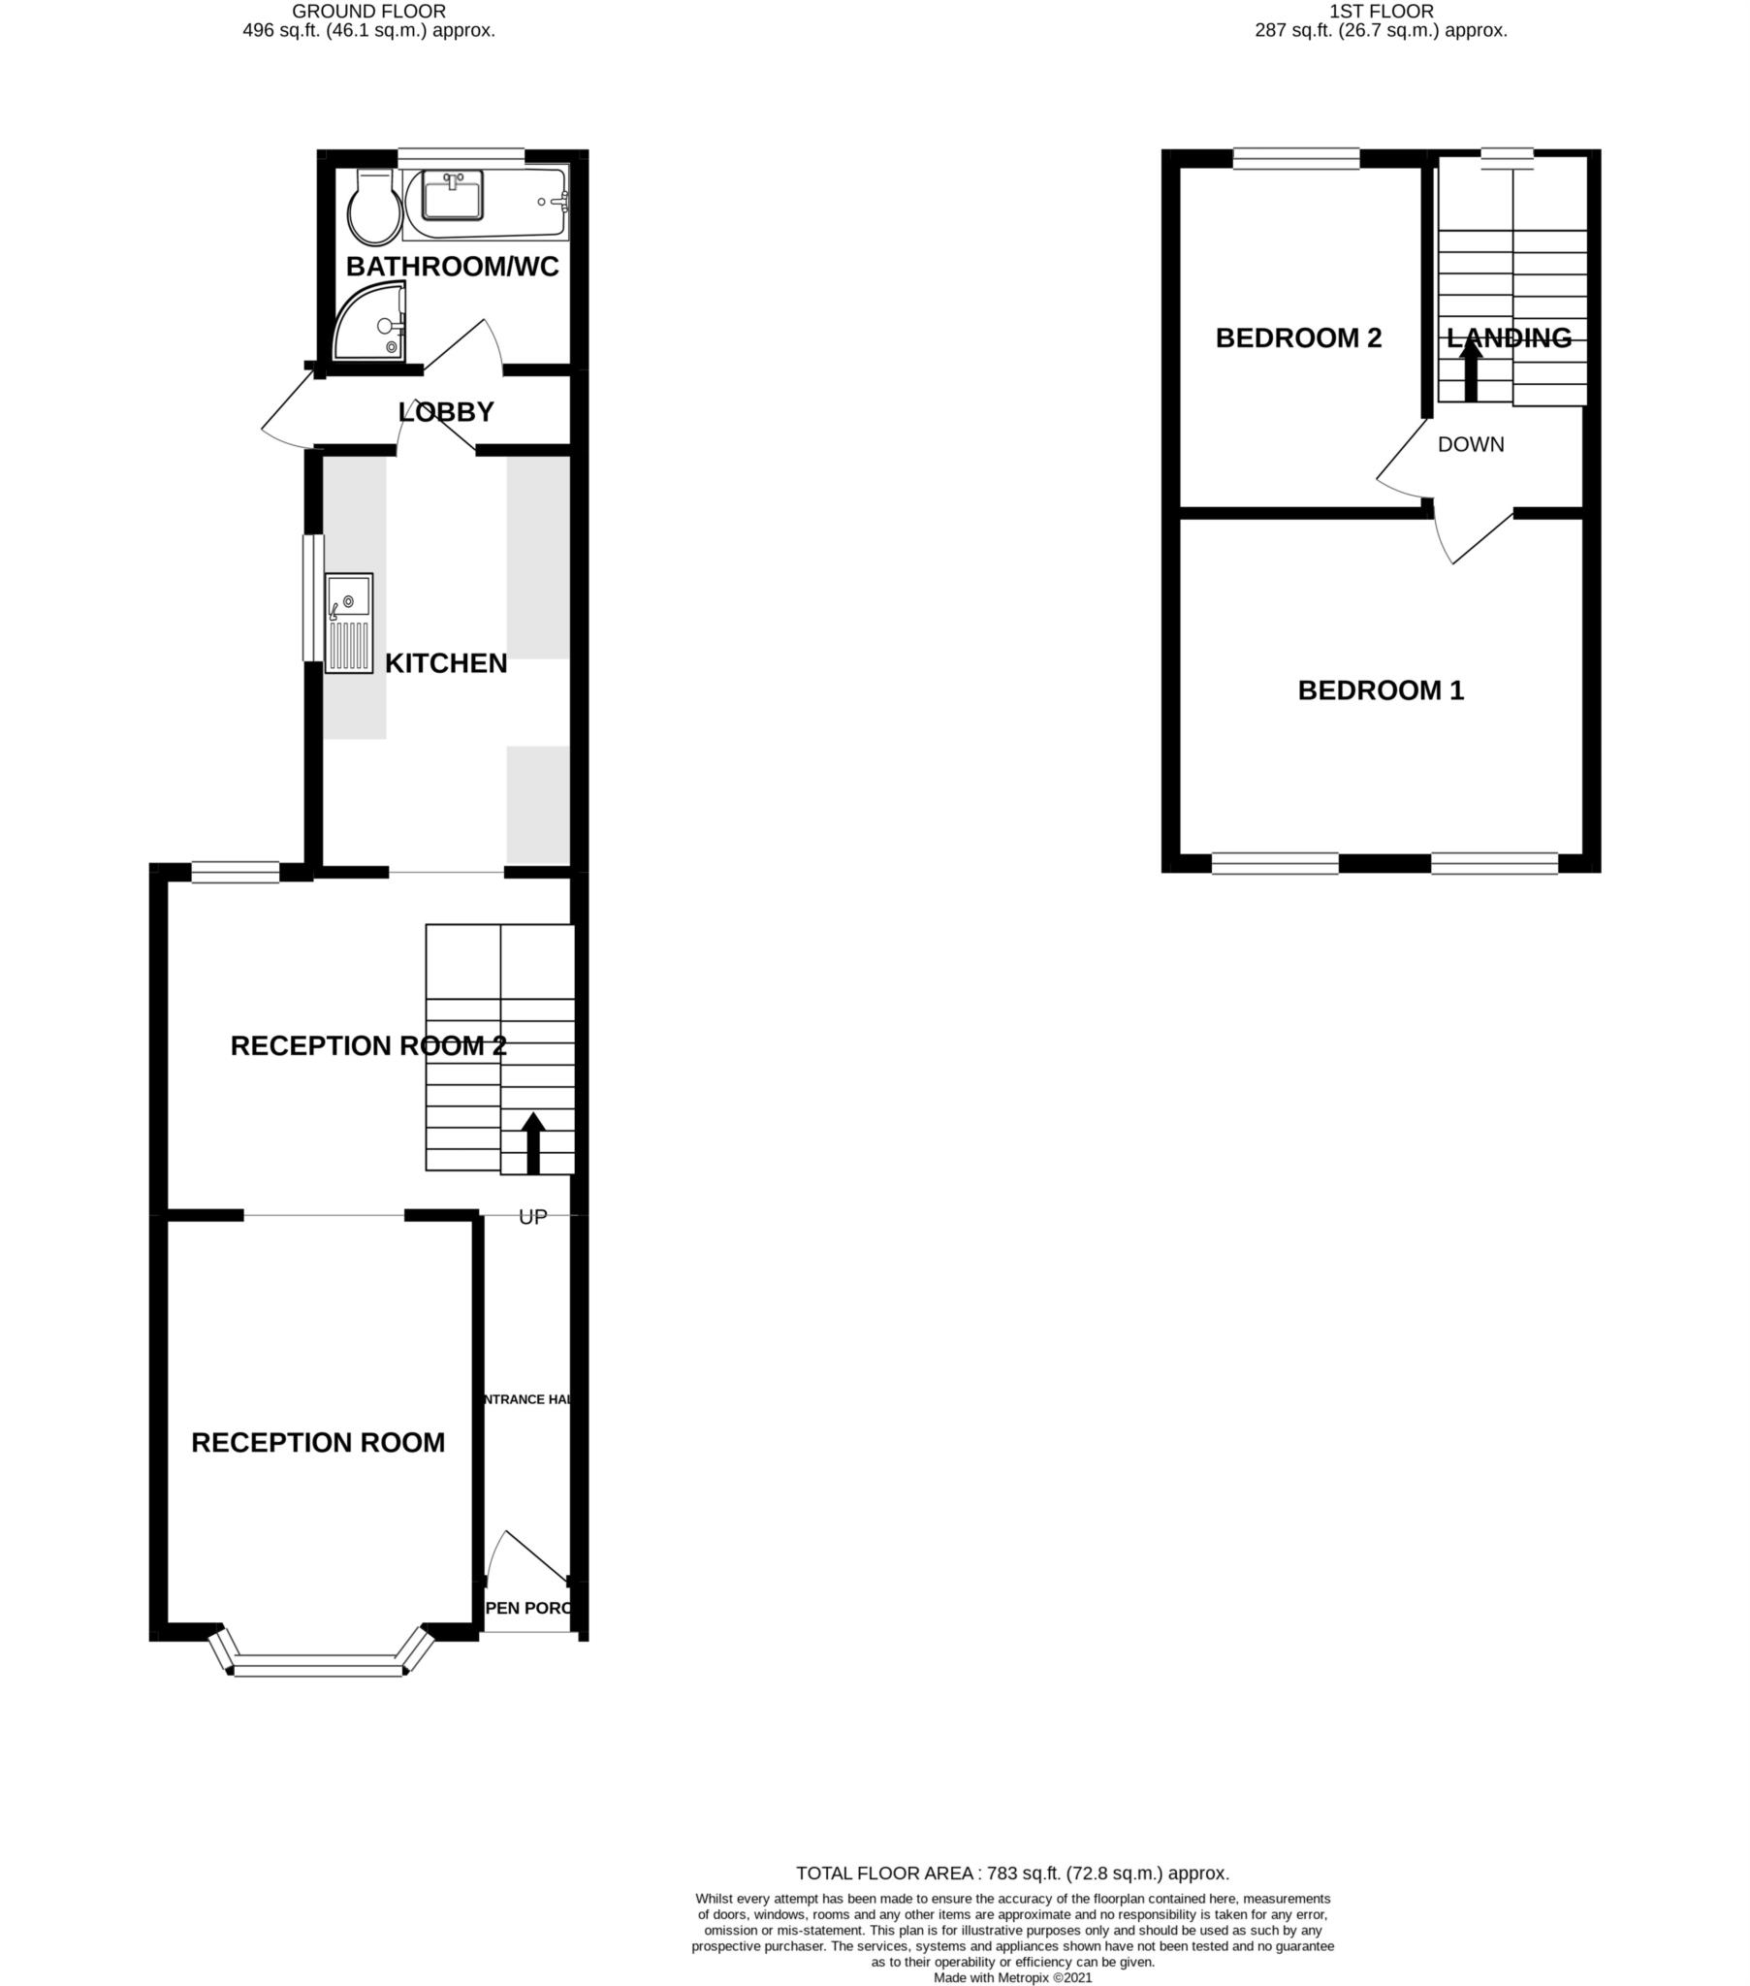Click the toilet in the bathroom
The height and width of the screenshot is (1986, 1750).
374,208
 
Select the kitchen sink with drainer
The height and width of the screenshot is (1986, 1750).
348,623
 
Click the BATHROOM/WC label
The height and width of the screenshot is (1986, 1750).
452,267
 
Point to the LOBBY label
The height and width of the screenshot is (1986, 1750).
446,412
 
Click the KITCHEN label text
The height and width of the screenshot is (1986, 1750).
446,663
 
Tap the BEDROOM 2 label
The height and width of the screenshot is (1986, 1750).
1298,338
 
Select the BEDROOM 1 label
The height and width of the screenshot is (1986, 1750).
1380,690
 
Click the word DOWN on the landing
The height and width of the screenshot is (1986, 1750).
1470,445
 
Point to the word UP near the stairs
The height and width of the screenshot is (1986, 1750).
532,1217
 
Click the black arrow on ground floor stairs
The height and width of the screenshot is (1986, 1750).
532,1143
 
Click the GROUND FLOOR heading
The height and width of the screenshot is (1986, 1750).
368,12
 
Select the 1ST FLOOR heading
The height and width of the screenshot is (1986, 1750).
1380,12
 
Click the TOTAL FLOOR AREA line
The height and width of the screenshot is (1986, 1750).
1012,1874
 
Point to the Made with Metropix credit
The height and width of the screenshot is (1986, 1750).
1012,1977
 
